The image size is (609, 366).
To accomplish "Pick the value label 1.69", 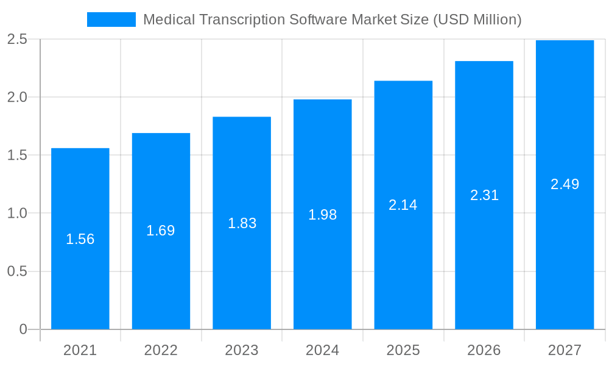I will pos(160,231).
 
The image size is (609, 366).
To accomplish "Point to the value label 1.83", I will pos(242,223).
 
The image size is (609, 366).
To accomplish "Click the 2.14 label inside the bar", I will pos(403,205).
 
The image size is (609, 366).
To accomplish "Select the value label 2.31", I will pos(484,195).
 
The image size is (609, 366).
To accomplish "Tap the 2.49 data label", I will pos(565,184).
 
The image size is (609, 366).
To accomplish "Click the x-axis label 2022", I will pos(161,350).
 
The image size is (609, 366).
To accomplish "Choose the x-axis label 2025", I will pos(403,350).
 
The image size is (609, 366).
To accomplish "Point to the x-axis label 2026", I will pos(484,350).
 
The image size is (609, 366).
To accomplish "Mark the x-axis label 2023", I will pos(242,350).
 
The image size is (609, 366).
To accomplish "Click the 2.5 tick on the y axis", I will pos(17,39).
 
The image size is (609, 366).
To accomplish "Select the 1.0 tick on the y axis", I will pos(17,213).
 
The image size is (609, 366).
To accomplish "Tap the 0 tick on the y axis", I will pos(23,329).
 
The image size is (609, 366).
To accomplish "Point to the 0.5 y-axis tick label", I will pos(17,271).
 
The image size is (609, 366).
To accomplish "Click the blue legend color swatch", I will pos(111,20).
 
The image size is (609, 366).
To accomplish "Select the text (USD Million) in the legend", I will pos(477,20).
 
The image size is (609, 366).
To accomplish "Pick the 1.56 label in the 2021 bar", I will pos(80,239).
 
